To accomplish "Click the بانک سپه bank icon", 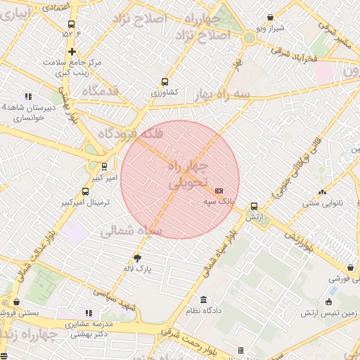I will [x=219, y=191].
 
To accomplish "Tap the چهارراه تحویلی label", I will [x=190, y=175].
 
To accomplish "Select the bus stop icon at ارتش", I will [x=254, y=207].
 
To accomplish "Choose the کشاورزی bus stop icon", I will [x=165, y=82].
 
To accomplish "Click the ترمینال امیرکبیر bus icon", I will [x=86, y=191].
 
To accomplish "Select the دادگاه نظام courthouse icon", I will [x=204, y=299].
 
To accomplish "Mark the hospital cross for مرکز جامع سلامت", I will [x=72, y=51].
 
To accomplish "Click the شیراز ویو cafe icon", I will [x=271, y=18].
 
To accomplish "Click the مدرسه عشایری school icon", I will [x=89, y=313].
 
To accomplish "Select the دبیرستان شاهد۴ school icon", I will [x=28, y=96].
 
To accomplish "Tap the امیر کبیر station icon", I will [x=105, y=167].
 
